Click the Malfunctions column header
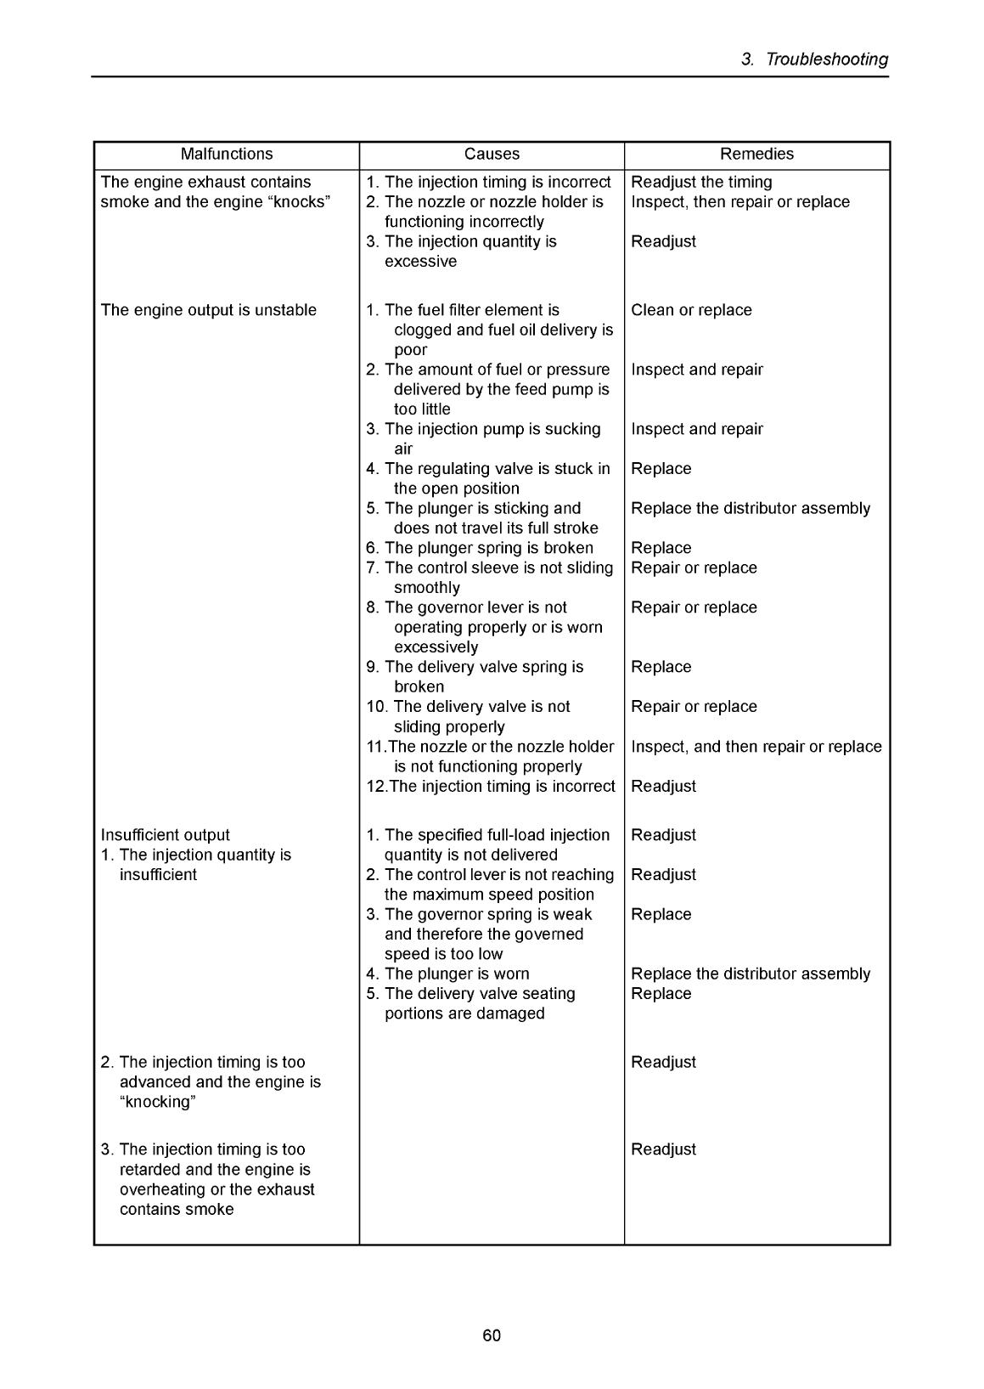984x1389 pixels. (227, 155)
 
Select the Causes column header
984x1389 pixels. (492, 155)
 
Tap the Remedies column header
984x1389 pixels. (756, 155)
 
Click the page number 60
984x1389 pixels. (492, 1335)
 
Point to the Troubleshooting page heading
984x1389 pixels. (815, 59)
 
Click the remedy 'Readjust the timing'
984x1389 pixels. (701, 183)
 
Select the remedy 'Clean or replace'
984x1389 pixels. (691, 310)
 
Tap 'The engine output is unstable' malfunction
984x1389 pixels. (208, 310)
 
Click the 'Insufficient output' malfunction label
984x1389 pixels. (165, 835)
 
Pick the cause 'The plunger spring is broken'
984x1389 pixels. (488, 548)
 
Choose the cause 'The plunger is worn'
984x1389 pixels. (456, 974)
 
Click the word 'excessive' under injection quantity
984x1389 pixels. (420, 262)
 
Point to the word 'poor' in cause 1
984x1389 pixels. (410, 350)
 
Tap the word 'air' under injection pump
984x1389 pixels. (403, 449)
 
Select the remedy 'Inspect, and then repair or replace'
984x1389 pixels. (756, 747)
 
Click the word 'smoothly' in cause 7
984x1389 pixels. (426, 588)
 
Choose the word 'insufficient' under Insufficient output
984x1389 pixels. (158, 875)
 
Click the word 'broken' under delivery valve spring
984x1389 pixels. (419, 686)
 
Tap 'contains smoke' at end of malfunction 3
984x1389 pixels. (177, 1210)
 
